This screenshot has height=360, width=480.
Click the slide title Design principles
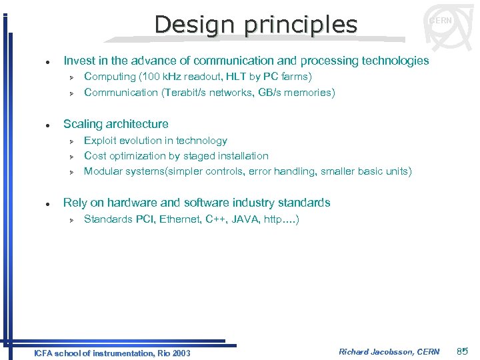click(256, 25)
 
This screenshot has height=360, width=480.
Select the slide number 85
click(463, 351)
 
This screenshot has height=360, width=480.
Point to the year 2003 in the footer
click(180, 353)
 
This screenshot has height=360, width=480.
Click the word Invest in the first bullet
click(79, 61)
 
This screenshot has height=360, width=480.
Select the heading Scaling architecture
click(115, 124)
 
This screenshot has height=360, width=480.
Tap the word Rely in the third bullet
click(75, 203)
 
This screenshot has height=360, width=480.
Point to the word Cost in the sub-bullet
click(95, 156)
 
